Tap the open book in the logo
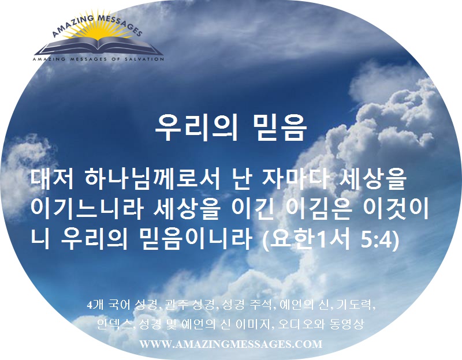[x=99, y=47]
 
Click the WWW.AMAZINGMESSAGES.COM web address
[x=230, y=344]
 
